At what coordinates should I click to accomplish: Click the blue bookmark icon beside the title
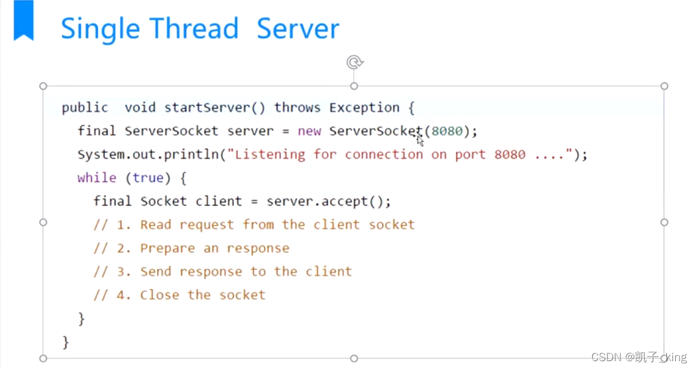pyautogui.click(x=24, y=21)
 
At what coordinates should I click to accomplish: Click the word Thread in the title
pyautogui.click(x=194, y=29)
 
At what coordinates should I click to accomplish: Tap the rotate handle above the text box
pyautogui.click(x=354, y=62)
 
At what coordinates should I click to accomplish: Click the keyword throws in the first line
pyautogui.click(x=297, y=108)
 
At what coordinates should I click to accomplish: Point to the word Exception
pyautogui.click(x=364, y=108)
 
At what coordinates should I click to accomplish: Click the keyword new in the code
pyautogui.click(x=309, y=131)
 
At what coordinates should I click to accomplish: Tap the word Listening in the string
pyautogui.click(x=270, y=154)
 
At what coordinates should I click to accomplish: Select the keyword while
pyautogui.click(x=96, y=178)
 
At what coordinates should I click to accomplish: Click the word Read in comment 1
pyautogui.click(x=156, y=224)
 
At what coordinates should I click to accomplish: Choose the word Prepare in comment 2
pyautogui.click(x=167, y=248)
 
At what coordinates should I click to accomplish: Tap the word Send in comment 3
pyautogui.click(x=156, y=272)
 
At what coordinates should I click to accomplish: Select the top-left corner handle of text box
pyautogui.click(x=43, y=86)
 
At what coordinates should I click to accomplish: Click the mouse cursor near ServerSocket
pyautogui.click(x=420, y=140)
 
